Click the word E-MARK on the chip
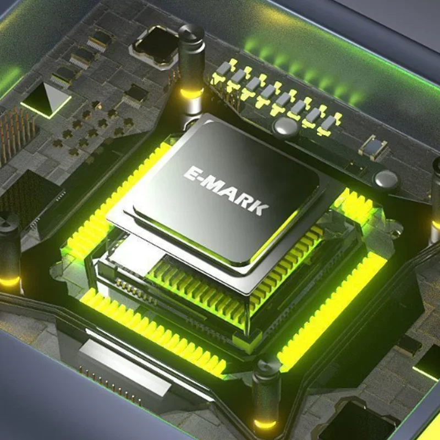click(x=226, y=190)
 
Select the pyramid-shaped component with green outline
click(x=46, y=98)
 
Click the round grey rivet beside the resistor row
click(x=285, y=127)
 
